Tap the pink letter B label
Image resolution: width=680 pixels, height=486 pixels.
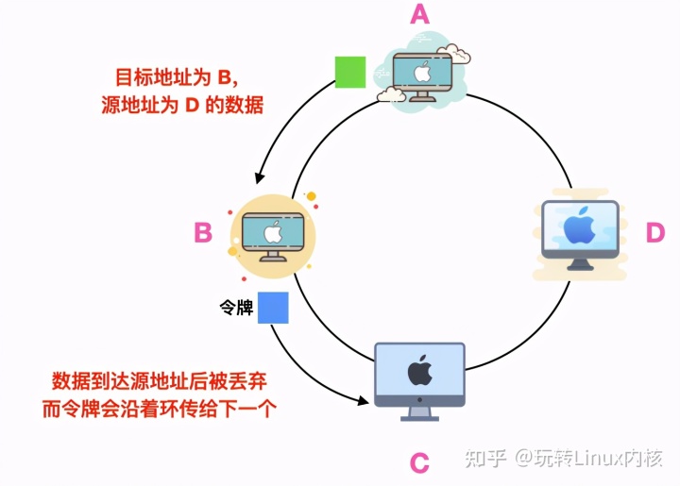point(202,232)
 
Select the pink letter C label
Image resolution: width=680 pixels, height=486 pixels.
point(419,463)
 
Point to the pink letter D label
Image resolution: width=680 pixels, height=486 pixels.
point(654,233)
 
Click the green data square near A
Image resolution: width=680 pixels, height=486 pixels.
point(349,72)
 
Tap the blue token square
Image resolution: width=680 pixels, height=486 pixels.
point(273,308)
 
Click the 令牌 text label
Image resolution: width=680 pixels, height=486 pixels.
point(236,308)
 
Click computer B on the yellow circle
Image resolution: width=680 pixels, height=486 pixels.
point(271,235)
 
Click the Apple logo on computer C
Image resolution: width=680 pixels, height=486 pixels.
point(419,371)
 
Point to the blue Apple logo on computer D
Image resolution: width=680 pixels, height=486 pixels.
point(579,226)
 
